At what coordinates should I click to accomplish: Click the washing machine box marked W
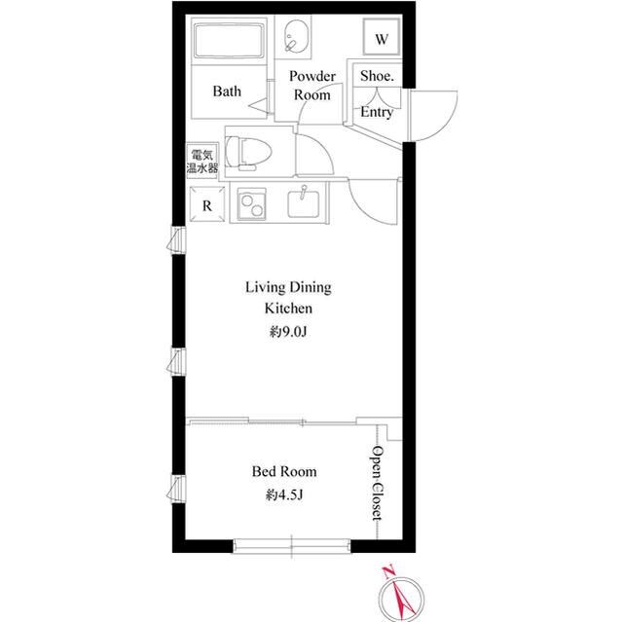382,40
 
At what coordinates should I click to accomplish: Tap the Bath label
227,92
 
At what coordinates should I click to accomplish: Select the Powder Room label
312,86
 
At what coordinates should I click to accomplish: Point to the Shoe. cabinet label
377,76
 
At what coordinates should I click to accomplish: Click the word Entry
377,113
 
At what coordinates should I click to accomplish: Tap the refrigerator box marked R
207,205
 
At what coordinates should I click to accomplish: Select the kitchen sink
307,203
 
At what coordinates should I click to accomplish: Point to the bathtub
229,44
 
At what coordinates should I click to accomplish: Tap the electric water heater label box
202,161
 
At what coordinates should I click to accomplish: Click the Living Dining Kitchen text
287,297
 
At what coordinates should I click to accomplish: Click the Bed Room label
284,472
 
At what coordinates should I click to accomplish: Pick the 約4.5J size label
284,496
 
